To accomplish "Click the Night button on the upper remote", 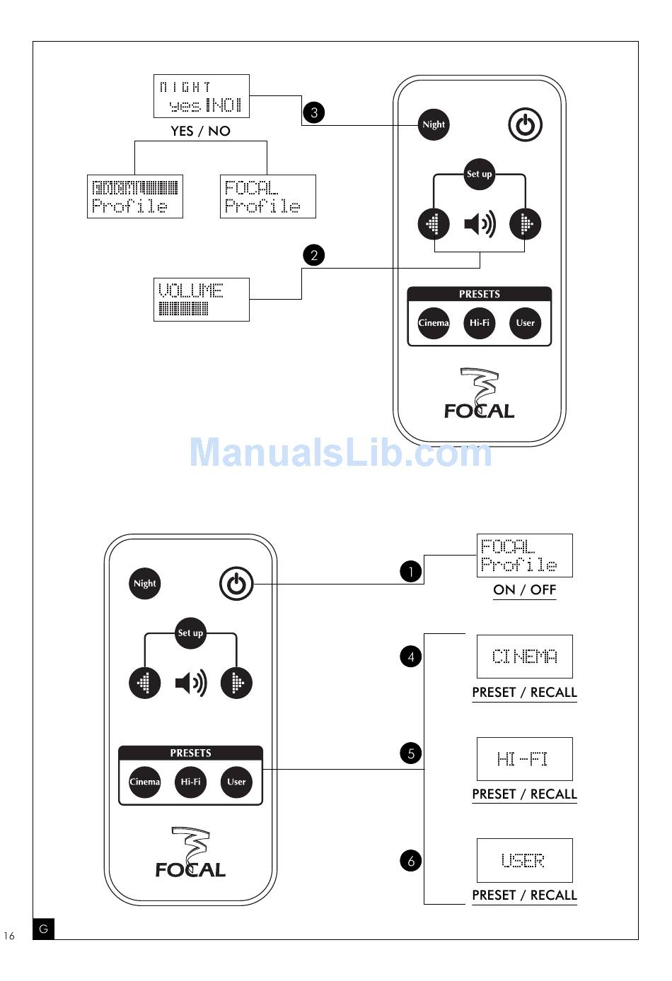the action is coord(434,125).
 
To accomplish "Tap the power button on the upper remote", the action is coord(525,126).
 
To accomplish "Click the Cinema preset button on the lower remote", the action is coord(145,782).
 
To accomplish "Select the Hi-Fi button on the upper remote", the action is coord(480,323).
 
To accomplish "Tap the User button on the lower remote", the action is coord(236,782).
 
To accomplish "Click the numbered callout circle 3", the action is coord(314,112).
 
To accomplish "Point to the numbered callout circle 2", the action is coord(314,255).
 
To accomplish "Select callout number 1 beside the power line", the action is coord(411,571).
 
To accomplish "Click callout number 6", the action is coord(411,861).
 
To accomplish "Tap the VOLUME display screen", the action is coord(202,300).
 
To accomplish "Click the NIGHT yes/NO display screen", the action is coord(202,96).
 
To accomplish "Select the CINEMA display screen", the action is coord(524,657).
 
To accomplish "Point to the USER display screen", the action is coord(524,860).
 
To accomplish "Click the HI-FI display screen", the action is coord(524,759).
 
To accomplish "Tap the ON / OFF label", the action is coord(524,590).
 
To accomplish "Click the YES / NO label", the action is coord(200,131).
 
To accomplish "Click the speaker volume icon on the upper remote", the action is coord(480,225).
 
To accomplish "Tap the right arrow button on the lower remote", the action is coord(237,683).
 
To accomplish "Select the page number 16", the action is coord(9,936).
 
